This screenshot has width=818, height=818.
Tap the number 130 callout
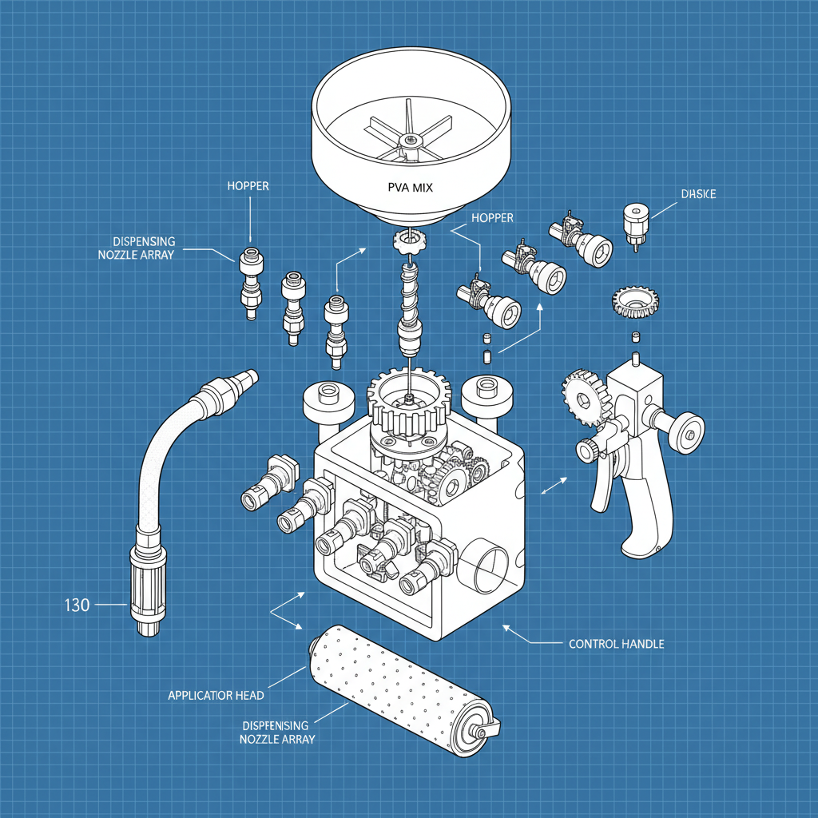[x=77, y=605]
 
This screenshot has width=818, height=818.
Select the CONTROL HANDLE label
[x=616, y=644]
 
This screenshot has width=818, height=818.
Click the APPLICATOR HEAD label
[x=216, y=696]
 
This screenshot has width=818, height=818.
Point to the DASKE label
[x=699, y=194]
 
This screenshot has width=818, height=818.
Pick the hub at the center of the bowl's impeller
[x=409, y=141]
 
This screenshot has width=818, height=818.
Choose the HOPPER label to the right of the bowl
[x=492, y=217]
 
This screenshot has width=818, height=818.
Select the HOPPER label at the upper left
[x=248, y=186]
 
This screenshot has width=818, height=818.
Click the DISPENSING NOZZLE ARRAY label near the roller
[x=275, y=732]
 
